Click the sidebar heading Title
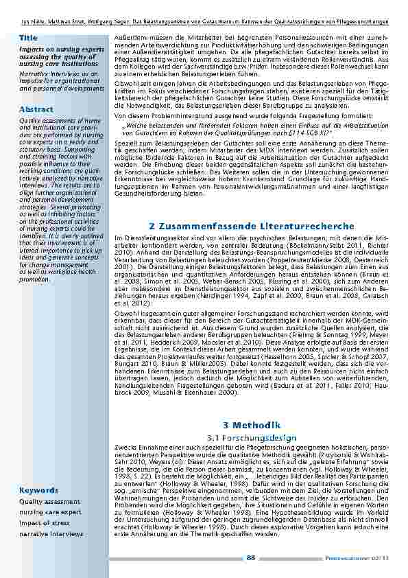(x=28, y=38)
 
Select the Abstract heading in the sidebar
(x=36, y=109)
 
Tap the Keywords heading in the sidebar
(x=38, y=491)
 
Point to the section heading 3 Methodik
(x=252, y=426)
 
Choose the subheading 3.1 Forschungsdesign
(x=252, y=437)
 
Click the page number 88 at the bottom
(x=251, y=557)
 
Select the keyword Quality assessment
(x=49, y=501)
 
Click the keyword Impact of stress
(x=44, y=523)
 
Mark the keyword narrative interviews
(x=51, y=533)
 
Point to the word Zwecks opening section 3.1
(x=122, y=447)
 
